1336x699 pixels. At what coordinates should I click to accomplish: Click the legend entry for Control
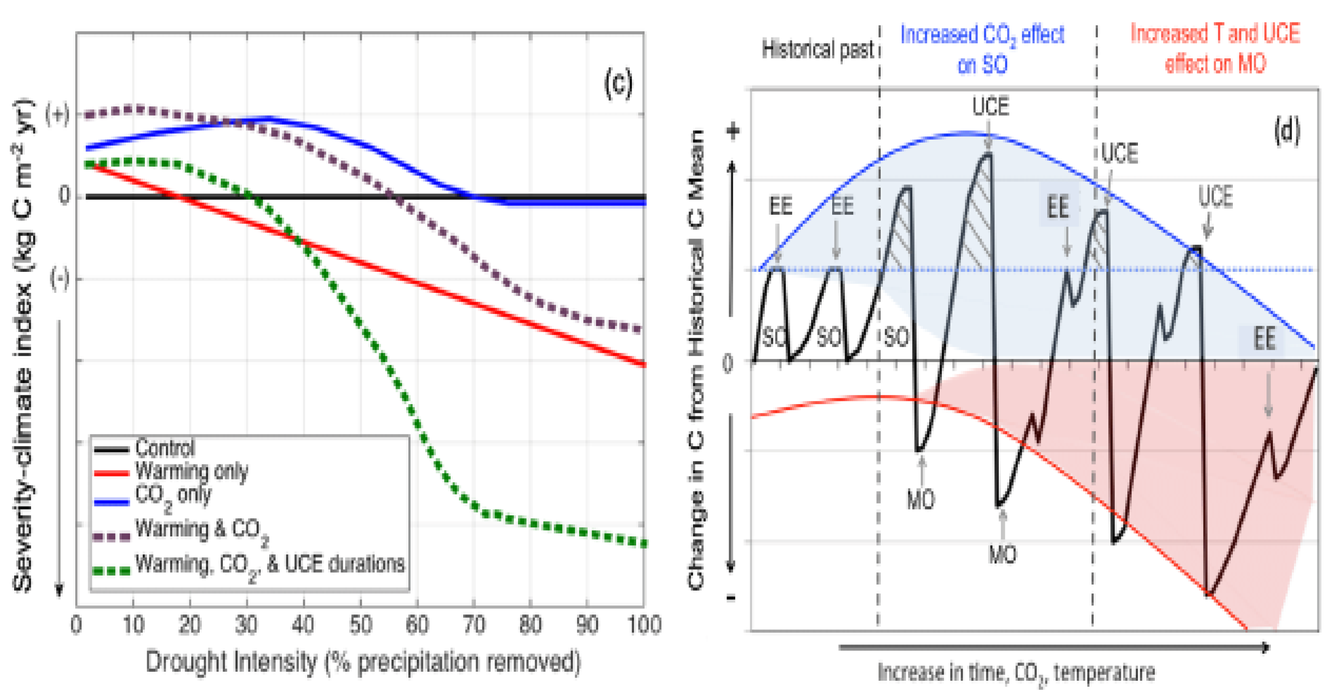point(165,447)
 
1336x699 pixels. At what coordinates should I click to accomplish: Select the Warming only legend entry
point(191,471)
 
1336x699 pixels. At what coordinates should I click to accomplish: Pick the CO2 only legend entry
point(173,495)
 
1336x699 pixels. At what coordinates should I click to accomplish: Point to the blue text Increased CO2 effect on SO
point(982,49)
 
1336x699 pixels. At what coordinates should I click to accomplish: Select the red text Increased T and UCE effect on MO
point(1215,48)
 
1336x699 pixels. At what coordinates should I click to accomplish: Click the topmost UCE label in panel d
point(990,107)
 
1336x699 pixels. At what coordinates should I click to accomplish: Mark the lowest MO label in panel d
point(1002,555)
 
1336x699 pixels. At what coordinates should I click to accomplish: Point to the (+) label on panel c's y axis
point(57,114)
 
